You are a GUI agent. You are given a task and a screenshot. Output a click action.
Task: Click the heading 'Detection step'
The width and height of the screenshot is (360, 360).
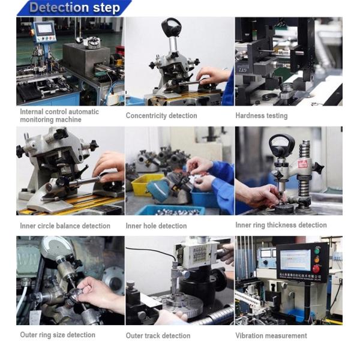[x=75, y=7]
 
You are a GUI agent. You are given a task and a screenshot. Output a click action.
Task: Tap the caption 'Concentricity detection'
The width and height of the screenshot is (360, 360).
[x=161, y=115]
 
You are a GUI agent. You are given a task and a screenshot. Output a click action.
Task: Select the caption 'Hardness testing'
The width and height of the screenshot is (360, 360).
[x=262, y=115]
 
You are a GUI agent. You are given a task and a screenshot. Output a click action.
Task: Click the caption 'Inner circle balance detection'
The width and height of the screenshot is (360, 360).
[x=65, y=226]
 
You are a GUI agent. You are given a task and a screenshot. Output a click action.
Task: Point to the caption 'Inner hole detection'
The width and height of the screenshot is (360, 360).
[x=156, y=226]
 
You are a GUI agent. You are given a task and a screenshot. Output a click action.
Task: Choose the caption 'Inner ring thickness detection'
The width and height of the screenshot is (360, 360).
[x=281, y=225]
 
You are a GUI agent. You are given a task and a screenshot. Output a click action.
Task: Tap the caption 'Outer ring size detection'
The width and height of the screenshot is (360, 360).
[x=58, y=335]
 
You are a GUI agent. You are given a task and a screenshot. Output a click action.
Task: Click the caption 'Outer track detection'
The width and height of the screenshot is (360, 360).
[x=158, y=335]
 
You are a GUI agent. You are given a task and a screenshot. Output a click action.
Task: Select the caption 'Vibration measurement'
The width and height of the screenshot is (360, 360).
[x=271, y=335]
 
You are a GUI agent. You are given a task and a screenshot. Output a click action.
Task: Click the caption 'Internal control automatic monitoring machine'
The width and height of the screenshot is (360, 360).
[x=59, y=115]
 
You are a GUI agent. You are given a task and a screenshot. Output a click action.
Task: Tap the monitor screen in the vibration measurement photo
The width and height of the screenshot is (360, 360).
[x=295, y=260]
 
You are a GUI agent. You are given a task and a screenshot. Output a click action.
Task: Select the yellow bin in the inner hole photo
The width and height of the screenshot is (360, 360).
[x=145, y=184]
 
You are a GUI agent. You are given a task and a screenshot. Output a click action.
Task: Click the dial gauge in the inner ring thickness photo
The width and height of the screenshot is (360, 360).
[x=281, y=144]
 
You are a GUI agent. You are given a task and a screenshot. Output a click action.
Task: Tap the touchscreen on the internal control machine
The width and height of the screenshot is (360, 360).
[x=44, y=29]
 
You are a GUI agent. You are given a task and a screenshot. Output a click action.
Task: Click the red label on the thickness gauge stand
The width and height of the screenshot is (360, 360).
[x=302, y=164]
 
